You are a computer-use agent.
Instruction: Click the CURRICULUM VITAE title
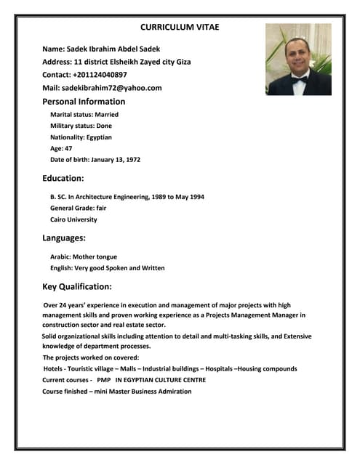(180, 27)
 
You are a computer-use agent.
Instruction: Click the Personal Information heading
(84, 102)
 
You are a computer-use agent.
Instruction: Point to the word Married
(107, 115)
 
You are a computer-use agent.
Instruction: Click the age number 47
(68, 148)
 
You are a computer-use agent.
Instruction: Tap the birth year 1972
(132, 159)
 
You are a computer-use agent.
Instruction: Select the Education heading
(63, 178)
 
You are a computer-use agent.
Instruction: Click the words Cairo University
(73, 219)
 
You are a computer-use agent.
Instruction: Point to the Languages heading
(65, 238)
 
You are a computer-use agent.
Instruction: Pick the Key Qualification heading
(77, 286)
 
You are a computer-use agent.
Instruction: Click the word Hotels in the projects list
(55, 369)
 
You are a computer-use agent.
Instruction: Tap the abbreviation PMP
(103, 380)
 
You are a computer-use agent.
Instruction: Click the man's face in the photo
(297, 57)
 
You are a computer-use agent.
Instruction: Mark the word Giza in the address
(183, 62)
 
